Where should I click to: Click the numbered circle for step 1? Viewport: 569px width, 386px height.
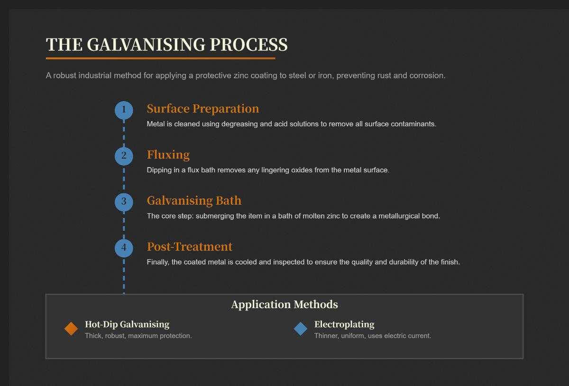pyautogui.click(x=124, y=110)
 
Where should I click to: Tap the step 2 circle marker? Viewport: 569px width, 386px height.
pyautogui.click(x=124, y=156)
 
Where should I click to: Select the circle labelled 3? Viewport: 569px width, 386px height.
pyautogui.click(x=124, y=202)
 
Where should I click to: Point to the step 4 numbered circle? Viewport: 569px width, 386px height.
pyautogui.click(x=124, y=248)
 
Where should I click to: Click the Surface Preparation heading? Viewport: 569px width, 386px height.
pyautogui.click(x=203, y=109)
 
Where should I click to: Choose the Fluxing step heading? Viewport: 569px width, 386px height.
pyautogui.click(x=168, y=155)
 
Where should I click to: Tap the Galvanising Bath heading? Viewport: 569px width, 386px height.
pyautogui.click(x=194, y=201)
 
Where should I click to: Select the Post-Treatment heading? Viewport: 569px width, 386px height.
pyautogui.click(x=190, y=247)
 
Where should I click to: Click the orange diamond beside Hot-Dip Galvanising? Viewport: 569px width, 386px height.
pyautogui.click(x=71, y=329)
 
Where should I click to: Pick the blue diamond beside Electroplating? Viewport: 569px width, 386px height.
pyautogui.click(x=301, y=329)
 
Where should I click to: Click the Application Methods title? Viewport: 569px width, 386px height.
pyautogui.click(x=284, y=305)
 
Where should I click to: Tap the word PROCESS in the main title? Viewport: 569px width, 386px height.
pyautogui.click(x=248, y=45)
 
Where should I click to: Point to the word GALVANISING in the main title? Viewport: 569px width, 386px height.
pyautogui.click(x=146, y=45)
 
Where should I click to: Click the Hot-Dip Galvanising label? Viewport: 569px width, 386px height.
pyautogui.click(x=127, y=325)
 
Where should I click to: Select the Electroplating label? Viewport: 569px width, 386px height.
pyautogui.click(x=344, y=325)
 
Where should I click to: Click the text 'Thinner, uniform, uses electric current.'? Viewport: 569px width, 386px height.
pyautogui.click(x=373, y=336)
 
